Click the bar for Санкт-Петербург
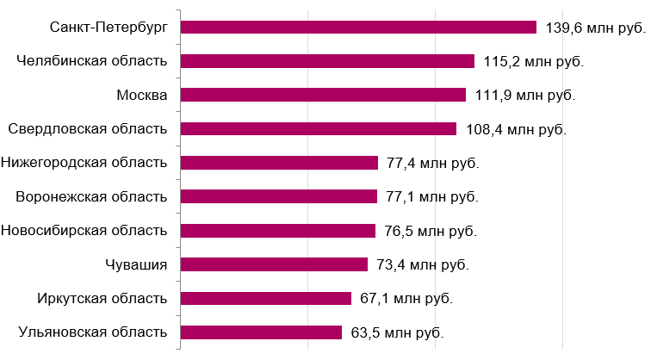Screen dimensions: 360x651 [358, 28]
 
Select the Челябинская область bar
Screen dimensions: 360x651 [327, 61]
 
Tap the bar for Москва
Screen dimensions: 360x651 [323, 95]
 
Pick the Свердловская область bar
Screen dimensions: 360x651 [319, 128]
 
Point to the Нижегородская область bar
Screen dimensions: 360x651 [279, 163]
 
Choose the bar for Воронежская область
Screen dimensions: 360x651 [279, 196]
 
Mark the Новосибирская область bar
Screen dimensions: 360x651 [278, 231]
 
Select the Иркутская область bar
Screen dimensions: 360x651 [266, 298]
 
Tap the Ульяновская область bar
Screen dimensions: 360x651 [261, 332]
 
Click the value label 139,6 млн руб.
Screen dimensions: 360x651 [595, 28]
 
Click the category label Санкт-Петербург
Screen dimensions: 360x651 [108, 28]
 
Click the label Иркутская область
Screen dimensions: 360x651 [102, 298]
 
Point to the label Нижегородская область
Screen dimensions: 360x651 [84, 163]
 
